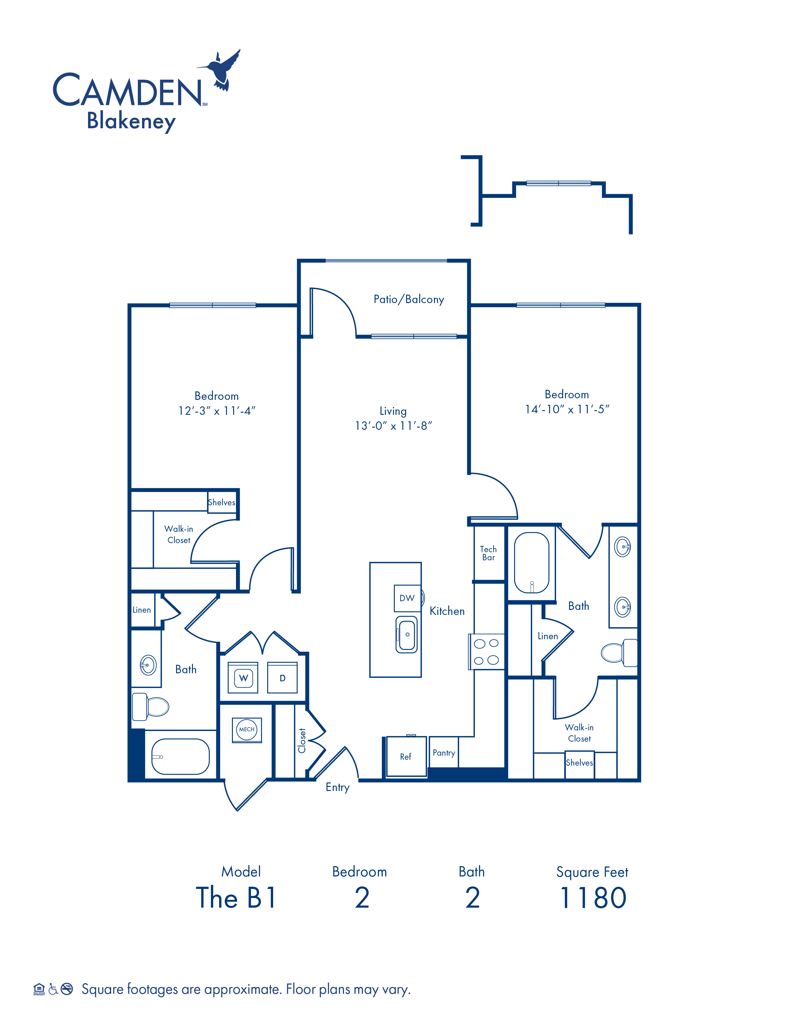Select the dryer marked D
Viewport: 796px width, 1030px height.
pos(283,678)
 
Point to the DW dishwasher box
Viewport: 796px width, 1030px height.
pos(407,598)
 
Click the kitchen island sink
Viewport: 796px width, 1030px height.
pos(406,634)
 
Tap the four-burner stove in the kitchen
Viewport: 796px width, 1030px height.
pos(486,651)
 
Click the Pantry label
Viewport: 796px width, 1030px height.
pos(444,753)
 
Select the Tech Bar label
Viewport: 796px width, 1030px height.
pos(489,553)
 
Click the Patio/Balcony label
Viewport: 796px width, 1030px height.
pos(409,299)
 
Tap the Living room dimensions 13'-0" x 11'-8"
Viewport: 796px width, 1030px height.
pos(393,426)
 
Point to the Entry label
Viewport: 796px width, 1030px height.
pos(338,787)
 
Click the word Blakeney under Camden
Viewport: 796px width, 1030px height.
pos(131,121)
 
